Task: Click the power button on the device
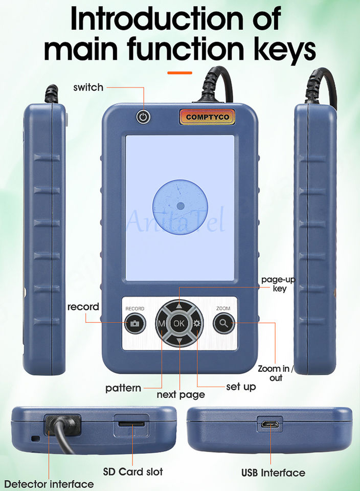(x=144, y=117)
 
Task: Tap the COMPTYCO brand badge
(x=207, y=117)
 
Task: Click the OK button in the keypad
(x=179, y=323)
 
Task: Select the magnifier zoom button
(x=223, y=323)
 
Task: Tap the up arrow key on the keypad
(x=179, y=306)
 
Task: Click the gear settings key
(x=197, y=323)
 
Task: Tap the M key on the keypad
(x=162, y=323)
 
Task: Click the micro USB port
(x=269, y=425)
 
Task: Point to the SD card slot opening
(x=132, y=424)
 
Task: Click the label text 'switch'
(x=88, y=87)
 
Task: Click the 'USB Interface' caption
(x=273, y=473)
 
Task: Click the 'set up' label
(x=241, y=387)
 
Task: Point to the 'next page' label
(x=181, y=395)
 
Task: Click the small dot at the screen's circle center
(x=180, y=206)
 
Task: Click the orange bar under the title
(x=179, y=73)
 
